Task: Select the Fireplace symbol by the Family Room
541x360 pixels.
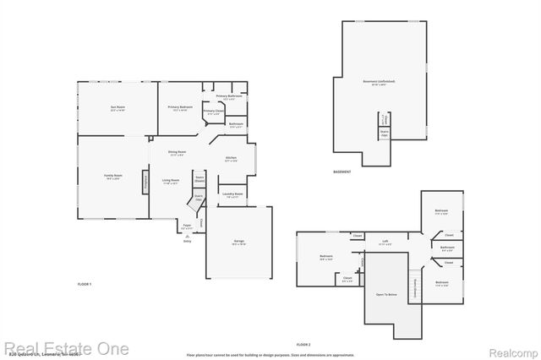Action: (145, 181)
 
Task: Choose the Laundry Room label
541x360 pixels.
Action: (232, 194)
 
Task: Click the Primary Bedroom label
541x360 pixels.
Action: (180, 107)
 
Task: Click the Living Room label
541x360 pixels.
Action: (171, 181)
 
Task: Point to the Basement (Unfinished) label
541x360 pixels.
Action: (379, 82)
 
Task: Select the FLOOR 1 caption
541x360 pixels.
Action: (84, 284)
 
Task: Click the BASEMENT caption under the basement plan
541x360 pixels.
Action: (342, 172)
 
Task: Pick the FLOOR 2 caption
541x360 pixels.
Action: (303, 346)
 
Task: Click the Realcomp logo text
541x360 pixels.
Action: (511, 349)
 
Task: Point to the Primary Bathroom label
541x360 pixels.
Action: (229, 96)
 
